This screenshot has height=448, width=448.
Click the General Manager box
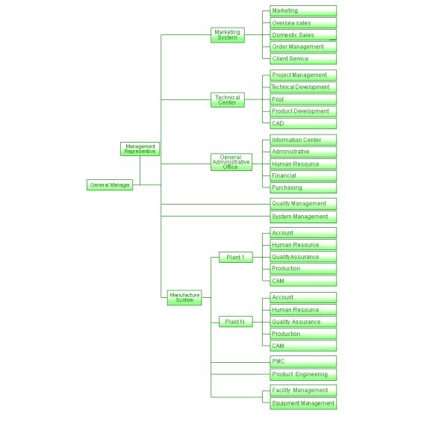click(x=110, y=184)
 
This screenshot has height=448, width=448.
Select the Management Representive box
click(x=140, y=149)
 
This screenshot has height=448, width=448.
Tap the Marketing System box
click(x=227, y=35)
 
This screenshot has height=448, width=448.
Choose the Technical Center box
click(x=227, y=100)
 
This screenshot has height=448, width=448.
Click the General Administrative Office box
click(x=231, y=163)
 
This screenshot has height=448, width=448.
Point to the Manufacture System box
click(x=184, y=297)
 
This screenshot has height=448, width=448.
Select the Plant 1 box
click(x=235, y=257)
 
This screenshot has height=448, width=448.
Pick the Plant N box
click(x=235, y=322)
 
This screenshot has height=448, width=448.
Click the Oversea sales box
click(x=302, y=23)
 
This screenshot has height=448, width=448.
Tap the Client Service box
click(x=302, y=58)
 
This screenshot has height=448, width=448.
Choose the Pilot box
click(x=302, y=99)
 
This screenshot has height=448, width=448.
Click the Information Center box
click(x=302, y=140)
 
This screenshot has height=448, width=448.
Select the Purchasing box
click(x=302, y=187)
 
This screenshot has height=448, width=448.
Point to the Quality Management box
click(x=302, y=203)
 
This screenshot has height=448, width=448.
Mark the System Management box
click(x=302, y=217)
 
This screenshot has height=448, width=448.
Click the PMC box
click(x=302, y=361)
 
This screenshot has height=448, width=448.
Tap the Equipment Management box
click(x=302, y=403)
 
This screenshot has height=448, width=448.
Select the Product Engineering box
click(x=302, y=374)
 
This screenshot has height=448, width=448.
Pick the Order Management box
click(x=302, y=46)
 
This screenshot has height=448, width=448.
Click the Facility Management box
click(x=302, y=390)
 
